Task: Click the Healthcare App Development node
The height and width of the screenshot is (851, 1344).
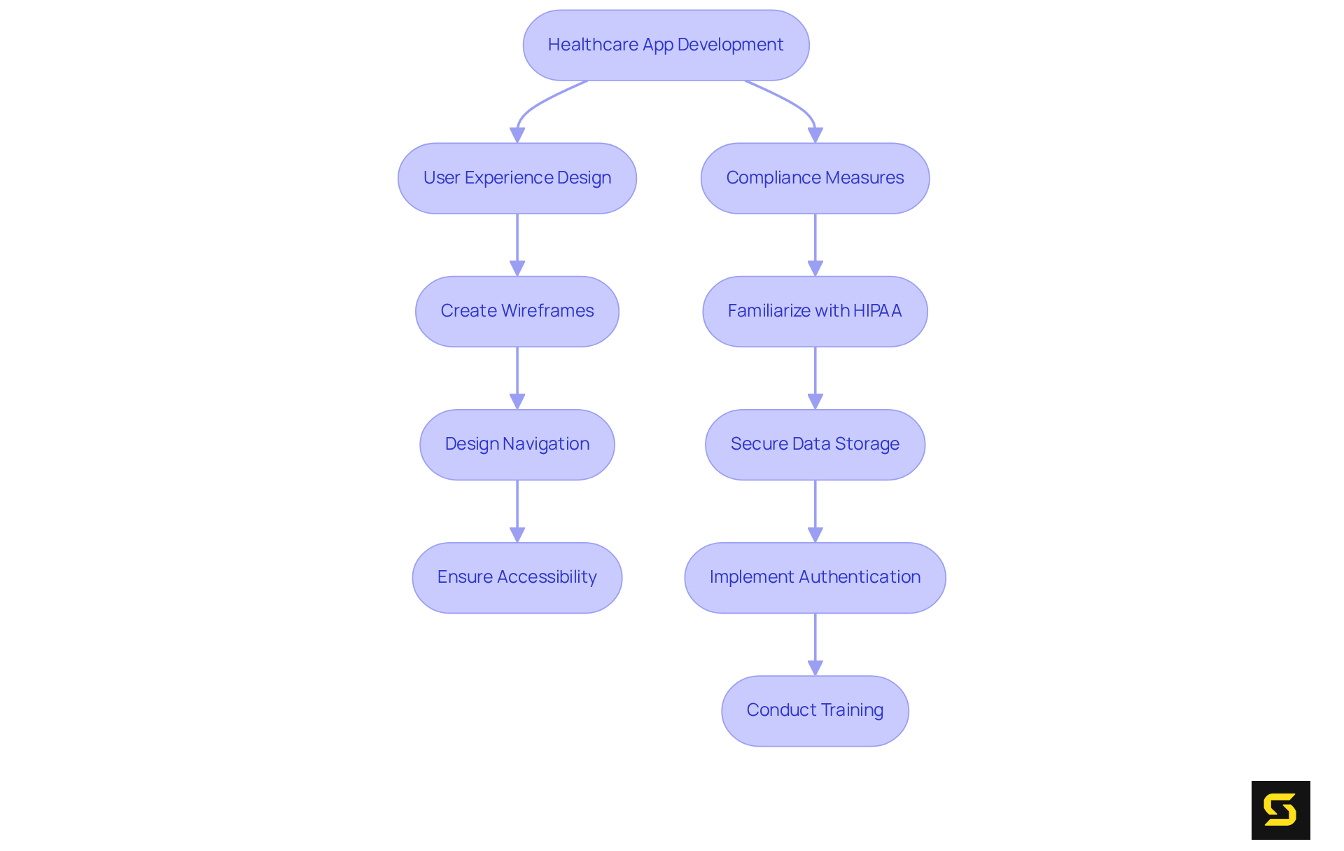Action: click(666, 45)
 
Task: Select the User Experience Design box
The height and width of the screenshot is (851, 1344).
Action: click(517, 178)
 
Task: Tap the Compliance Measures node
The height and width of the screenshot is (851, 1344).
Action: click(815, 178)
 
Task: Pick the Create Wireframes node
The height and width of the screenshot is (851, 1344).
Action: click(517, 311)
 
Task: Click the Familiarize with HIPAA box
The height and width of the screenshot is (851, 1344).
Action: click(815, 311)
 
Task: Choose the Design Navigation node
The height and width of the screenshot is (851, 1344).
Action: click(517, 444)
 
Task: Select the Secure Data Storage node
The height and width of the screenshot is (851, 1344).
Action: click(815, 444)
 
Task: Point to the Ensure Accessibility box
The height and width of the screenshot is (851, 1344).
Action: click(517, 577)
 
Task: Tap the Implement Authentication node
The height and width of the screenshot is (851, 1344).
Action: click(815, 577)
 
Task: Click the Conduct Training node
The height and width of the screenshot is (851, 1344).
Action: click(815, 710)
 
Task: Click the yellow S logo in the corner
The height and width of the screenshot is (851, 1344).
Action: click(1280, 810)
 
